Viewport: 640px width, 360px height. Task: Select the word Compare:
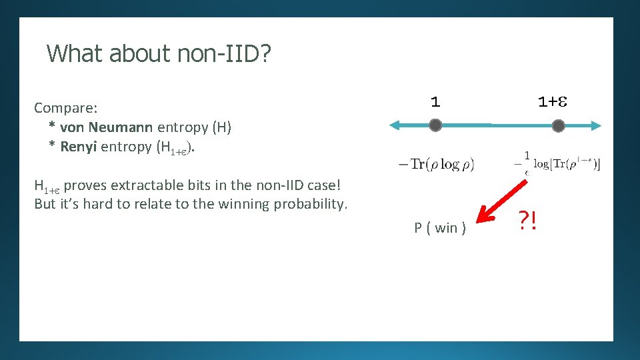[x=66, y=107]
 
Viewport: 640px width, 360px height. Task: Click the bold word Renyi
[x=77, y=147]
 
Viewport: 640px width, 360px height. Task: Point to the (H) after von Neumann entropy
[x=221, y=127]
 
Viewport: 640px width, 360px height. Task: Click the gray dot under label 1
[x=435, y=125]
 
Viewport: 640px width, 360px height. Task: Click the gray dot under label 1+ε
[x=559, y=125]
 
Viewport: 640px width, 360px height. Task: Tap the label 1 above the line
[x=435, y=102]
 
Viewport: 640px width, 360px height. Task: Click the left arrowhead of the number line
[x=394, y=125]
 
